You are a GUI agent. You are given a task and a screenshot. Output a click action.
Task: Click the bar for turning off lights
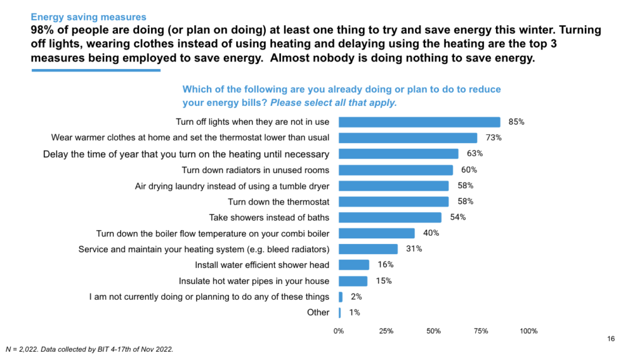coord(419,122)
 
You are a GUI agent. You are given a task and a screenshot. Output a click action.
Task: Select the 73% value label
coord(493,138)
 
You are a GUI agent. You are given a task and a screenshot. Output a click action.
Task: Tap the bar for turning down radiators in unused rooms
coord(396,170)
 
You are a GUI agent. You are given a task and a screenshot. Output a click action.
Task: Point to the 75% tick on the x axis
coord(481,331)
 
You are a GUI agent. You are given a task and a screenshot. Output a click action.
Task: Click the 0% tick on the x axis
coord(339,331)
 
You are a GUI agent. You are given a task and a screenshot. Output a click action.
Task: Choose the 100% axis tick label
coord(528,331)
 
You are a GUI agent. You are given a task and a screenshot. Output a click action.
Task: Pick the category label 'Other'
coord(318,312)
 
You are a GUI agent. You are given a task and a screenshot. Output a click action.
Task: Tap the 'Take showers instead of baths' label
coord(269,218)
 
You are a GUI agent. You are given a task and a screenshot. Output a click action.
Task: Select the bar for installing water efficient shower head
coord(354,265)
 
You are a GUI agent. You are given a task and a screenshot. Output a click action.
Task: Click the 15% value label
coord(383,281)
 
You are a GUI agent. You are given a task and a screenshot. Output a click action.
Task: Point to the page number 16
coord(611,339)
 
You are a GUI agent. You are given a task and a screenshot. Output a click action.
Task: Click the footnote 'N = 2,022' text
coord(23,349)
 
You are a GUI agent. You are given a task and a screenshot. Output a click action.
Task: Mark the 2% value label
coord(355,297)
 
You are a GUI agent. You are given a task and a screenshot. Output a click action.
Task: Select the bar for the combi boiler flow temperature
coord(376,233)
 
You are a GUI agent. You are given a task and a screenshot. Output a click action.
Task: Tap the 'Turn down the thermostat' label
coord(278,201)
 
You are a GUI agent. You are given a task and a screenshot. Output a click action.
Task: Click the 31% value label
coord(414,249)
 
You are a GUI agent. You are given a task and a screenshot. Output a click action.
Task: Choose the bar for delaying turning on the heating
coord(398,154)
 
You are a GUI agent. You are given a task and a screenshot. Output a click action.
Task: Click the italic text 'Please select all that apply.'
coord(334,102)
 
